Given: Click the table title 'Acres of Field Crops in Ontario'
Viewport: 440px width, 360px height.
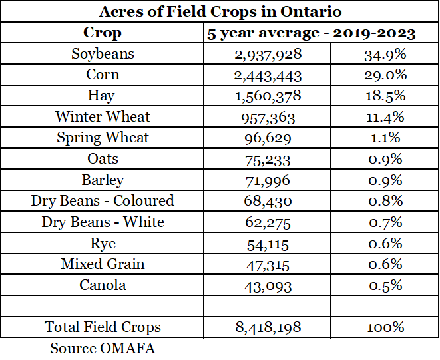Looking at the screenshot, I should [220, 11].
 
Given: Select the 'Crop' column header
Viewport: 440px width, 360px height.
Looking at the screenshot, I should [103, 33].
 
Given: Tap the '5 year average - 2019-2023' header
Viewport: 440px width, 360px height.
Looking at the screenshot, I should [312, 33].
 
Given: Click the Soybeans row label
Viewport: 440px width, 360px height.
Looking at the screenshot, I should [103, 54].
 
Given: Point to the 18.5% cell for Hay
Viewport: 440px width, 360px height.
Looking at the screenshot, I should [385, 96].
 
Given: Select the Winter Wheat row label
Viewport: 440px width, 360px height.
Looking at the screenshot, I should [103, 117].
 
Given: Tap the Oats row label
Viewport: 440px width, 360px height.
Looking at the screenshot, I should [103, 159].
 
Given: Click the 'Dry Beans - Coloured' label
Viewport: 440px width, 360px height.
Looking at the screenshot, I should [103, 201].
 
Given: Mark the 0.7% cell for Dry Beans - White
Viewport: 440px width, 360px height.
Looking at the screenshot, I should [385, 222].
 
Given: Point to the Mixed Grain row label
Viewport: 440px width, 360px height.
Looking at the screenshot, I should [103, 264].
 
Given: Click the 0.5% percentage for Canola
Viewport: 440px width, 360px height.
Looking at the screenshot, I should [385, 285].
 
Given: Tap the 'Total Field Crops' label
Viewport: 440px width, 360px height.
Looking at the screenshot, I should [103, 327].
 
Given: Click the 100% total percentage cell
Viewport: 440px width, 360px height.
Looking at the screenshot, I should [385, 327].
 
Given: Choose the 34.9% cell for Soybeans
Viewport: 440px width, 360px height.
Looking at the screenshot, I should [385, 54].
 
